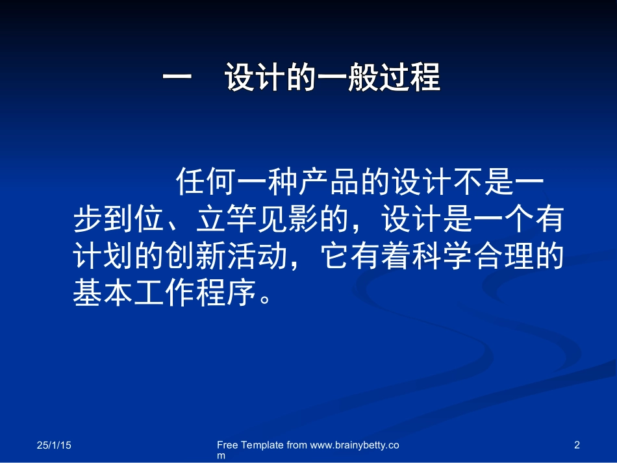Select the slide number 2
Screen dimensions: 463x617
click(577, 445)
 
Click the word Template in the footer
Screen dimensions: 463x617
click(262, 445)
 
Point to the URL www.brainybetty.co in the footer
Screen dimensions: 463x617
click(355, 445)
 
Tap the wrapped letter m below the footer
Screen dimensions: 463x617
click(221, 456)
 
